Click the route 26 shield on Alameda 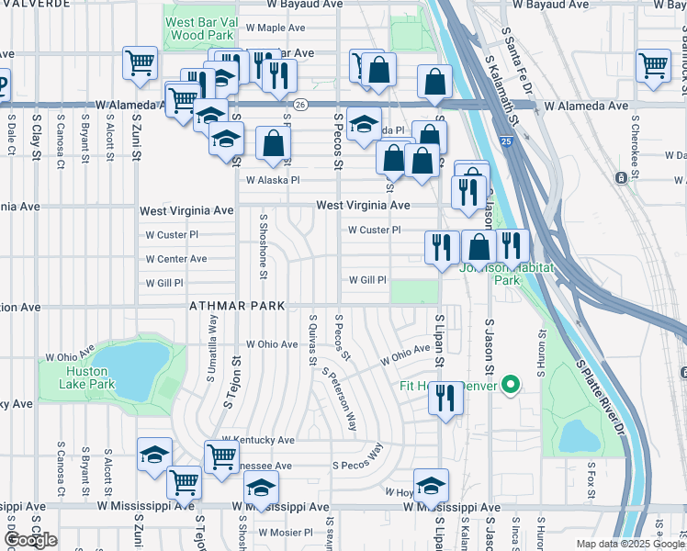click(x=300, y=106)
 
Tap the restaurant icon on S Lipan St click(x=445, y=398)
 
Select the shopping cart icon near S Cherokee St click(x=653, y=65)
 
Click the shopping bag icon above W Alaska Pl click(x=274, y=143)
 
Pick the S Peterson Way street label click(x=339, y=400)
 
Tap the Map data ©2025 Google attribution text click(x=629, y=544)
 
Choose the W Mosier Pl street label click(x=286, y=533)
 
